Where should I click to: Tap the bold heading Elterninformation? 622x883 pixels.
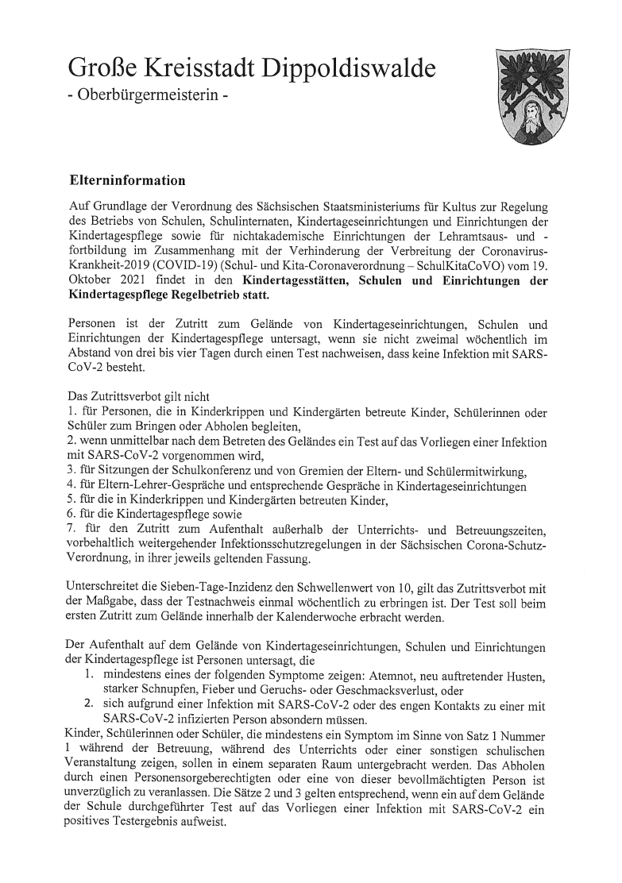[128, 180]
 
